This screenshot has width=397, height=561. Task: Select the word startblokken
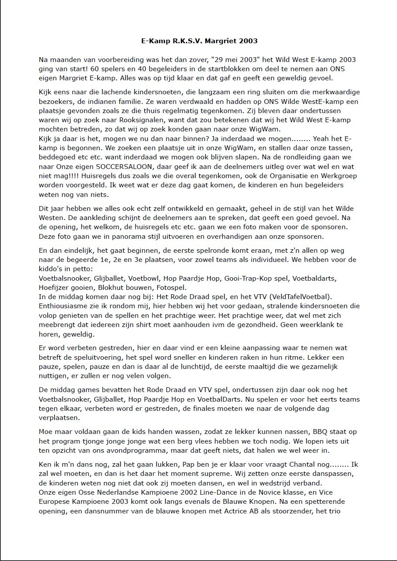(x=196, y=69)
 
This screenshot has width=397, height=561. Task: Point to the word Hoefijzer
(x=54, y=288)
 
